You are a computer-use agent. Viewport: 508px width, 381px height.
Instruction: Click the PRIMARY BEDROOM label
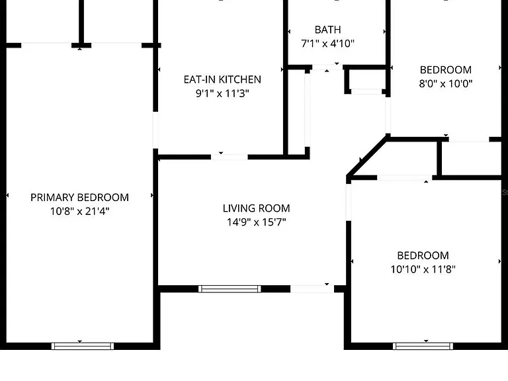[79, 197]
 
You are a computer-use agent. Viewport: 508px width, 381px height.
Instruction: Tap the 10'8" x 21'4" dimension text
[79, 211]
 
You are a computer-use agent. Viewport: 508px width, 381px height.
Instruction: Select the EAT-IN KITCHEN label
[222, 79]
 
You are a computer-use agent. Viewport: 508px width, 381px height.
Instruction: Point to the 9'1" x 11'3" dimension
[222, 93]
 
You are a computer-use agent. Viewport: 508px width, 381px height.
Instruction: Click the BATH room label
[328, 30]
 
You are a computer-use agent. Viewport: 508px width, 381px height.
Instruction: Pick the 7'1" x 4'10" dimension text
[328, 44]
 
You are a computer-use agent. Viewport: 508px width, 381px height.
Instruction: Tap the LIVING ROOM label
[256, 208]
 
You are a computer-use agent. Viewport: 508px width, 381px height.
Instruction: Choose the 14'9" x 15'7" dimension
[256, 222]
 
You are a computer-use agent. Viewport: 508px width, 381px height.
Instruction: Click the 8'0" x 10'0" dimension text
[446, 83]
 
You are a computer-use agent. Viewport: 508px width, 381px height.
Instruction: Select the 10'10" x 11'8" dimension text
[423, 269]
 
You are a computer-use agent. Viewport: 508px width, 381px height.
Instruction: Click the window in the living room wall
[230, 289]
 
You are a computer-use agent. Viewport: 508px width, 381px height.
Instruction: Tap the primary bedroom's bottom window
[83, 346]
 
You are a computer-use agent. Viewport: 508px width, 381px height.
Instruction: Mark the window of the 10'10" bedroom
[423, 346]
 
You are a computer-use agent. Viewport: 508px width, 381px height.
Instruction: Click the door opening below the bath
[327, 67]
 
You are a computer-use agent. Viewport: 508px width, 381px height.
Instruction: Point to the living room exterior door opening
[312, 288]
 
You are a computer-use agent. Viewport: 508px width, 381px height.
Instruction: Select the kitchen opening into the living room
[230, 157]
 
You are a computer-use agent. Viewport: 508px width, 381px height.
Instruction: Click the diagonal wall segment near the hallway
[367, 157]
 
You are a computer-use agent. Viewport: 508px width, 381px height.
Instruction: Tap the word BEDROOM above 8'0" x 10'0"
[446, 70]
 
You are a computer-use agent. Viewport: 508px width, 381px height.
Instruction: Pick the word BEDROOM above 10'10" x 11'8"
[423, 255]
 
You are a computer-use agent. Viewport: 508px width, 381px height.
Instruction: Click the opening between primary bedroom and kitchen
[155, 130]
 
